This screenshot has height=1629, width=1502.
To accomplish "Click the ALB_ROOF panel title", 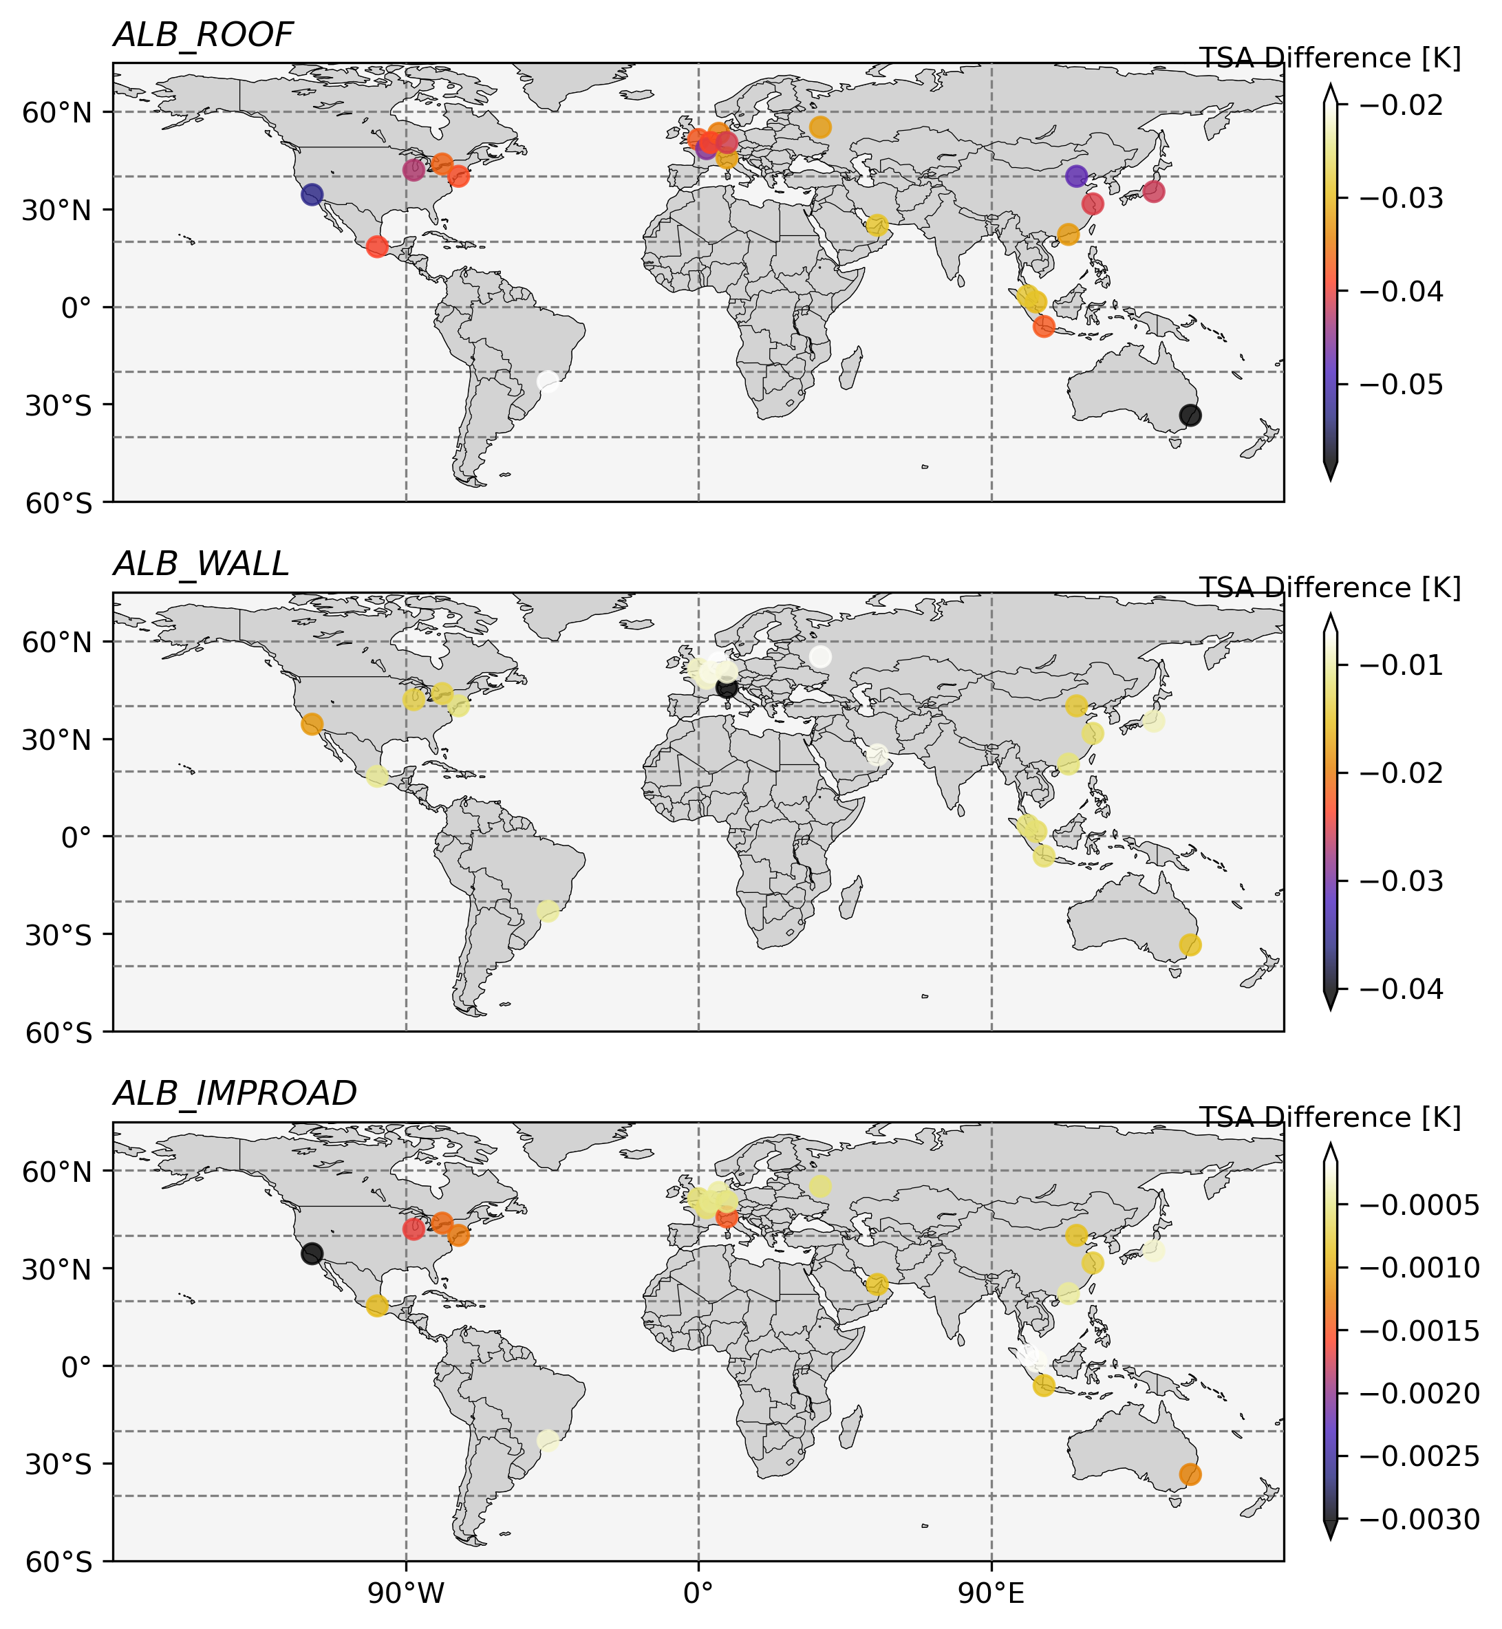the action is click(x=202, y=35).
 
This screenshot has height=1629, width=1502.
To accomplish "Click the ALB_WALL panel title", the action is click(x=201, y=564).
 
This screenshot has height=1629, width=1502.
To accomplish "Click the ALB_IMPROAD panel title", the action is click(x=235, y=1094).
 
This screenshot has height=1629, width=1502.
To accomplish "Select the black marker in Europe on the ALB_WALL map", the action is click(x=727, y=687).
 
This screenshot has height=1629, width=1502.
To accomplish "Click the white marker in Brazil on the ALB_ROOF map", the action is click(x=548, y=381).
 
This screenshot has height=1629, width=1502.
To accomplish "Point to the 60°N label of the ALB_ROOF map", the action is click(x=58, y=112).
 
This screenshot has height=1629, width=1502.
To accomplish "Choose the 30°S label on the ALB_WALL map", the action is click(x=58, y=934).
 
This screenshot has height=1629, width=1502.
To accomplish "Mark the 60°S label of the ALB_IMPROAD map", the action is click(x=58, y=1562).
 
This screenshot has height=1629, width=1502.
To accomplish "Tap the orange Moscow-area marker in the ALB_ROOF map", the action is click(x=820, y=127).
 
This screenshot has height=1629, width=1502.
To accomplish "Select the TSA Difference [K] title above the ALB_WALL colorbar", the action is click(x=1331, y=587).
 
